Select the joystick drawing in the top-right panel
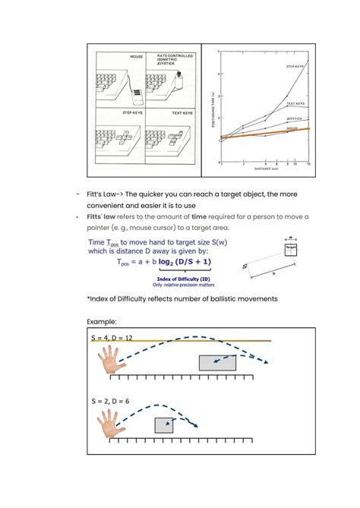coord(180,81)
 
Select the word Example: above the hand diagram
coord(104,321)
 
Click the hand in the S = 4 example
coord(112,361)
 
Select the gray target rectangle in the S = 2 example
coord(164,425)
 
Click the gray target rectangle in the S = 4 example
coord(217,362)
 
